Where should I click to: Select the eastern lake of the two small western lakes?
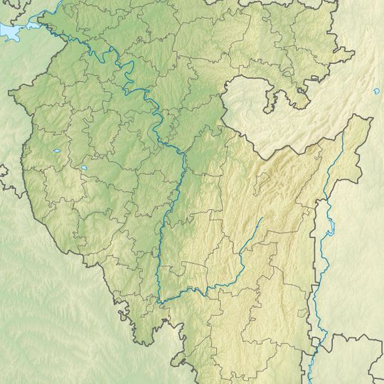click(x=84, y=168)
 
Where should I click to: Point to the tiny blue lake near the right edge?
click(x=375, y=91)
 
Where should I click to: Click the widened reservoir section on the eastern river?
click(x=329, y=230)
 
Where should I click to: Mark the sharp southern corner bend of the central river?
click(x=160, y=302)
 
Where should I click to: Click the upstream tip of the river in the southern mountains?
click(x=260, y=219)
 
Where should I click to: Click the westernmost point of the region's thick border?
click(x=10, y=92)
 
